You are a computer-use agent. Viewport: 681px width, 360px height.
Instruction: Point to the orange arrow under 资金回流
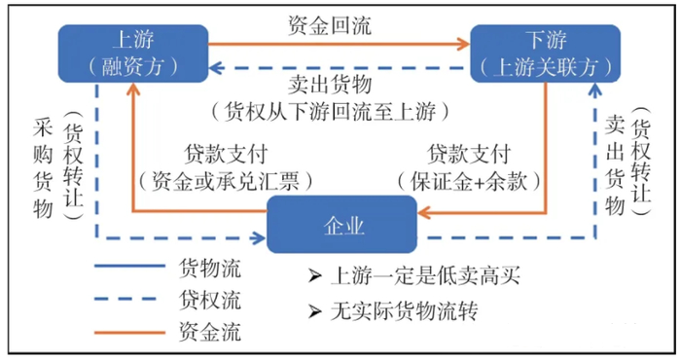pos(340,44)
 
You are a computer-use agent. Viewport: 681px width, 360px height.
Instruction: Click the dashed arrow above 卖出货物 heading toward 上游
pos(340,68)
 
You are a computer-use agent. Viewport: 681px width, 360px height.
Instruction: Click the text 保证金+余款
pos(467,180)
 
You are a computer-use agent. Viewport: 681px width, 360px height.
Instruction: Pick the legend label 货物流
pos(209,266)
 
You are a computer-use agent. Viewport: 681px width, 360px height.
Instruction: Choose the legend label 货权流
pos(209,299)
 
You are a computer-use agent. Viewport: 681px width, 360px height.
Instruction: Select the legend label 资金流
pos(209,333)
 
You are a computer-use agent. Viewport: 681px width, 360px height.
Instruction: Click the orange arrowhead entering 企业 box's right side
pos(425,209)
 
